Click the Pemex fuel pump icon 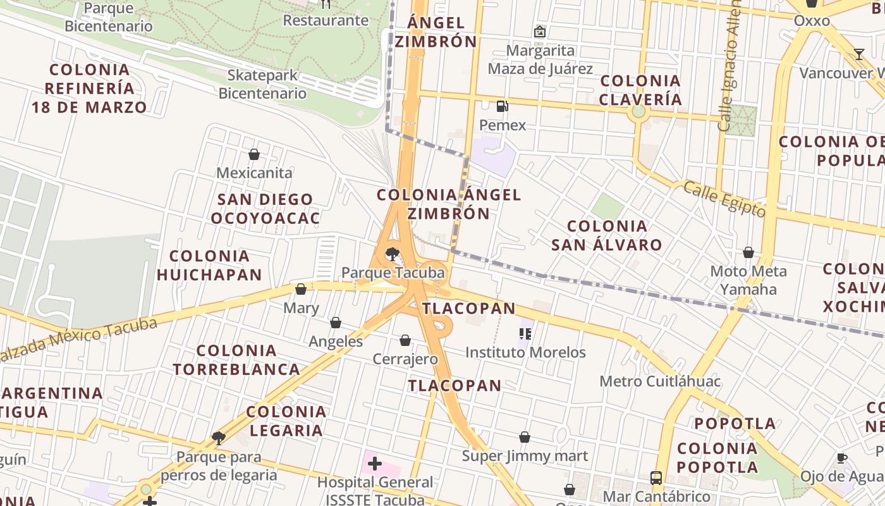(503, 106)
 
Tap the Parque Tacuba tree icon (393, 254)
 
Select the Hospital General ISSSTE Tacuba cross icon (375, 464)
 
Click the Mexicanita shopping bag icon (254, 154)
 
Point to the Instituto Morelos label (525, 352)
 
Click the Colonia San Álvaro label (607, 235)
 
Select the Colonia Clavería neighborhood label (640, 90)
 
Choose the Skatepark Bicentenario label (262, 84)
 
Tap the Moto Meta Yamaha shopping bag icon (748, 253)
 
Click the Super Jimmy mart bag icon (525, 437)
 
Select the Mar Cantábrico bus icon (656, 478)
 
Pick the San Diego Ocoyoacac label (265, 209)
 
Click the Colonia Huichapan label (209, 265)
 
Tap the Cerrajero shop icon (405, 341)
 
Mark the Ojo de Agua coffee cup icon (841, 458)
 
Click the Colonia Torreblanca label (236, 359)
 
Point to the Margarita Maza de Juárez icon (540, 32)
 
